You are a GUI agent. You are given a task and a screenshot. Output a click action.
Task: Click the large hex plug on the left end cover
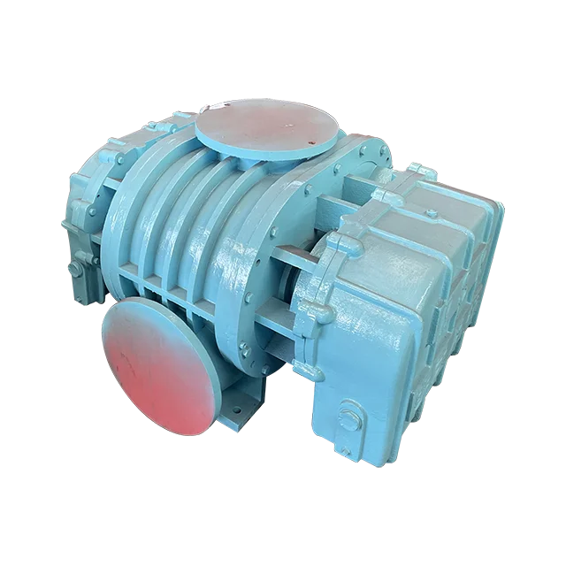click(76, 265)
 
